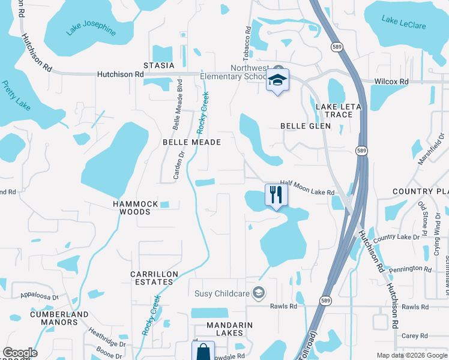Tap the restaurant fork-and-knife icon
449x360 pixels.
click(276, 194)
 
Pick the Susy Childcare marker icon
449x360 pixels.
click(259, 293)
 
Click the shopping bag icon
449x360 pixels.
click(204, 351)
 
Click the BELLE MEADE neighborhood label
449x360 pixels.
click(192, 142)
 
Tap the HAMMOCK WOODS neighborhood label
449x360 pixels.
click(136, 208)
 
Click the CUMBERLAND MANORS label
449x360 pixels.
click(59, 318)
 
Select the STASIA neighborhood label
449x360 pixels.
click(158, 65)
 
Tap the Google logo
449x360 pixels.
click(20, 353)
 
